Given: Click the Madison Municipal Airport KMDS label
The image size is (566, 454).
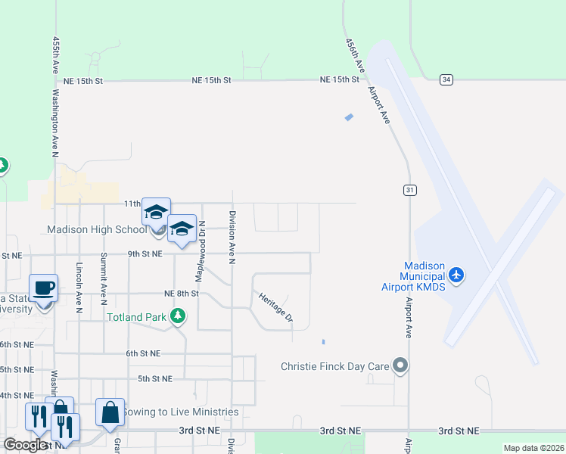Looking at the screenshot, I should tap(419, 276).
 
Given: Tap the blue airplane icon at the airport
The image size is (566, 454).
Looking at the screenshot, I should tap(456, 274).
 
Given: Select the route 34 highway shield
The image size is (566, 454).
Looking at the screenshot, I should tap(446, 79).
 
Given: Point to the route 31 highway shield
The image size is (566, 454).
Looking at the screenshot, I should tap(409, 190).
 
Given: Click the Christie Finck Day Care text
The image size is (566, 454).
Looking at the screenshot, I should tap(334, 366).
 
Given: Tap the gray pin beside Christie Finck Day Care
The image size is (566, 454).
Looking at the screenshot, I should tap(401, 366).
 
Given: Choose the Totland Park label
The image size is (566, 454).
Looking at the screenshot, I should tap(136, 317).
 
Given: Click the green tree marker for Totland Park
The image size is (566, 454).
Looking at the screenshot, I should tap(177, 316).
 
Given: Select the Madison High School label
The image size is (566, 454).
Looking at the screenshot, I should tap(96, 229).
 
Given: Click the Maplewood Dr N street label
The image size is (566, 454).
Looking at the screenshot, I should tap(202, 243).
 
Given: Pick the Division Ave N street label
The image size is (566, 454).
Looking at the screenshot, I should tap(233, 238).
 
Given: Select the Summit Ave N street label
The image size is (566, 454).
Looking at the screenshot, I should tap(104, 275).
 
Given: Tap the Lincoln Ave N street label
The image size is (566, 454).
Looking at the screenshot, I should tap(78, 287).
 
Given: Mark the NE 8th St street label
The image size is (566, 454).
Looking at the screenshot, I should tap(181, 293).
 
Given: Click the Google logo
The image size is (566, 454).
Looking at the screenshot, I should tap(26, 445).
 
